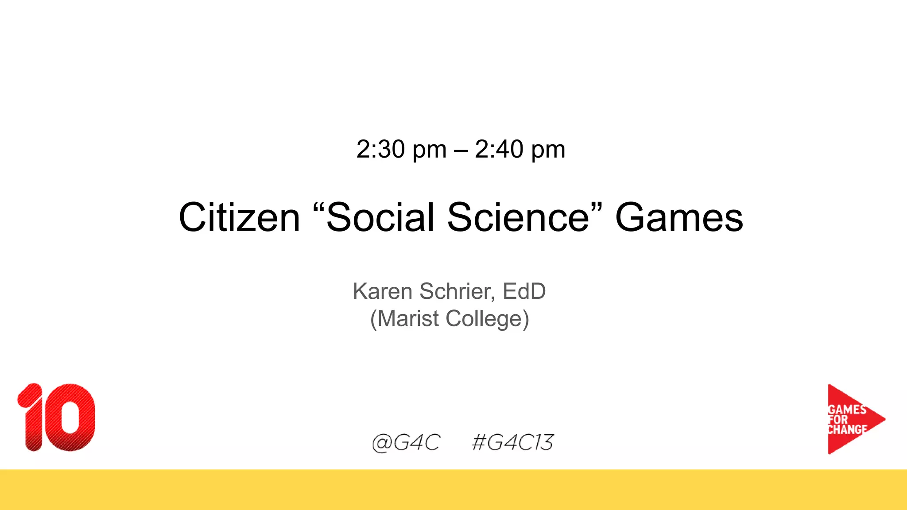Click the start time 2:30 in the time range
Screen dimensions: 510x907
point(380,149)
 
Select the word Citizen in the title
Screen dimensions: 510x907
point(239,217)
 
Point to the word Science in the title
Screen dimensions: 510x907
point(518,217)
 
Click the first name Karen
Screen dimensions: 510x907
point(383,291)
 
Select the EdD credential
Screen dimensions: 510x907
point(524,291)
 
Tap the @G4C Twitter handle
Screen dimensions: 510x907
point(406,442)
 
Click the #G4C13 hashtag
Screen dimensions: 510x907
point(513,442)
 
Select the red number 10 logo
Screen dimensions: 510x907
point(56,417)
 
